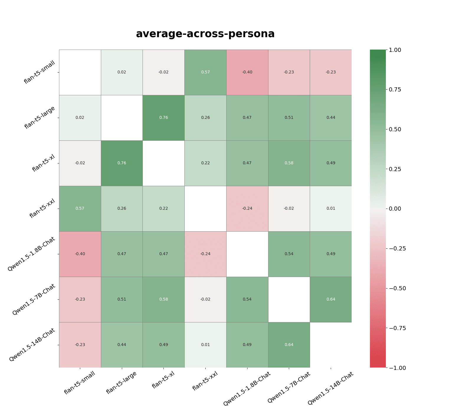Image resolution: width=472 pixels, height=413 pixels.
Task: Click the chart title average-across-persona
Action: pos(205,34)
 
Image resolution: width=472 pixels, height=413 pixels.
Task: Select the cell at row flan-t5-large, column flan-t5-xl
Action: pos(164,118)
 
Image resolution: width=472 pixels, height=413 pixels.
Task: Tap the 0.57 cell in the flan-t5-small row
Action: pos(206,72)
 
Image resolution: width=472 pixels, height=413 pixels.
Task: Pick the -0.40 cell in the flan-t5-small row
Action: pos(247,72)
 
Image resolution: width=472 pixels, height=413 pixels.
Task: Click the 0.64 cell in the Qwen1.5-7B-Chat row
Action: pos(331,299)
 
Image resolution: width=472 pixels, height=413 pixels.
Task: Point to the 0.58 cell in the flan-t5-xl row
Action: pos(289,163)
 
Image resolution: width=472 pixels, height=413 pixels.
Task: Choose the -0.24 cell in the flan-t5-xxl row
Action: pos(247,209)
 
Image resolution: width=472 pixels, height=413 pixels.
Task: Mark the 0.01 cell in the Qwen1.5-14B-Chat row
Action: pos(206,345)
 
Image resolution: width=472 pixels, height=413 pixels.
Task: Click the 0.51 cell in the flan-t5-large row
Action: pos(289,118)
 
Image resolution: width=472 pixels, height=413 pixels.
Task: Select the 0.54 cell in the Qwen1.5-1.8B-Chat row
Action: pos(289,254)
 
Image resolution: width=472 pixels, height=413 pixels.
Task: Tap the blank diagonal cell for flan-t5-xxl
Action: pos(206,209)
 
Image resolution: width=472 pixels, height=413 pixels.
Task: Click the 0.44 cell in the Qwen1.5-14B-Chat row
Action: pos(122,345)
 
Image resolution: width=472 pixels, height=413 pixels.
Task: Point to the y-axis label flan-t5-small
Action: pos(40,72)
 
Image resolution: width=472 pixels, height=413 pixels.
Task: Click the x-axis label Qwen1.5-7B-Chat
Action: pos(289,387)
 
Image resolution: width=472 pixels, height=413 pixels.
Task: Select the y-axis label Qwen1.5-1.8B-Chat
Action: pos(32,254)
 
